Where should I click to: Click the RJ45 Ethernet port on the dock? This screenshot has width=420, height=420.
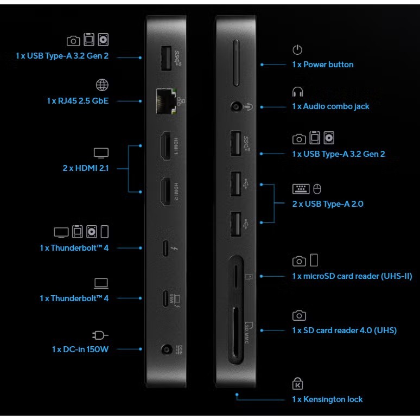pos(167,101)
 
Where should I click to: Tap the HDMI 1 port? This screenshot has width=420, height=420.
pos(166,146)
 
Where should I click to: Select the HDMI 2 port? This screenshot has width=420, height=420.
pos(166,192)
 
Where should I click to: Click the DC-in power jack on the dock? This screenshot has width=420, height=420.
pos(167,350)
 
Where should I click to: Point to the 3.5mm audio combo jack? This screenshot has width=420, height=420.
pos(236,107)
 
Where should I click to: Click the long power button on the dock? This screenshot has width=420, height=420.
pos(236,63)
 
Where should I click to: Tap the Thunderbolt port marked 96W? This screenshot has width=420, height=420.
pos(166,298)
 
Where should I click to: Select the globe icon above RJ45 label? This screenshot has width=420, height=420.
pos(102,85)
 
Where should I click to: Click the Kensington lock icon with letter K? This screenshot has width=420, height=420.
pos(297,383)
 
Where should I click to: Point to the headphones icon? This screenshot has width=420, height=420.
pos(297,92)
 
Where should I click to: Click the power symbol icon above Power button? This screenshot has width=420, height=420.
pos(297,49)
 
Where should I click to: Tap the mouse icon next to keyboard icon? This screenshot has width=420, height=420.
pos(317,189)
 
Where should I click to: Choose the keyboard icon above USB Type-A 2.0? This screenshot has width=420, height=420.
pos(301,189)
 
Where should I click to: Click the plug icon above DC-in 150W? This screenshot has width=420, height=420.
pos(100,335)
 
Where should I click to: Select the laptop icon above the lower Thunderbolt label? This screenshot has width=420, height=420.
pos(101,283)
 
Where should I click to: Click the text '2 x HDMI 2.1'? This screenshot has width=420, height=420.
pos(86,168)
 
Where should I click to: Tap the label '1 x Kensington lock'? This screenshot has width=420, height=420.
pos(327,399)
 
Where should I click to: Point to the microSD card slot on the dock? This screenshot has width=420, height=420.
pos(236,276)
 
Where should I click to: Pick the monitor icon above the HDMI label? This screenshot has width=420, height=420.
pos(101,153)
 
